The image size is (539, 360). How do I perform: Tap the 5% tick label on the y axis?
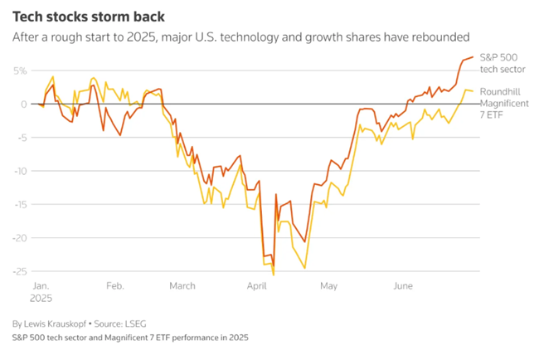pos(20,71)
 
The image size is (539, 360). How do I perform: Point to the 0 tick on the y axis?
pos(24,105)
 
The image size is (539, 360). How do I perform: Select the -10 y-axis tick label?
pos(19,171)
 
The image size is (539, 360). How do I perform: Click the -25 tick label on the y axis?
pos(19,271)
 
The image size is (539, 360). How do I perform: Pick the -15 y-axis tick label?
pos(19,204)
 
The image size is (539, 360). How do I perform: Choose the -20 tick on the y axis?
pos(19,238)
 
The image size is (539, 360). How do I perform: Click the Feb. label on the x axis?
pos(115,285)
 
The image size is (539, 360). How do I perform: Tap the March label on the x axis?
pos(182,285)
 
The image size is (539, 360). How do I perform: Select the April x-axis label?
pos(258,285)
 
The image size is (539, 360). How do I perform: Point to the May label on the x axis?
pos(328,285)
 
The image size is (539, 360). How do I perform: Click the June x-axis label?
pos(403,285)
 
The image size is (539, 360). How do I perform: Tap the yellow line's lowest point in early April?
pos(274,274)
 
